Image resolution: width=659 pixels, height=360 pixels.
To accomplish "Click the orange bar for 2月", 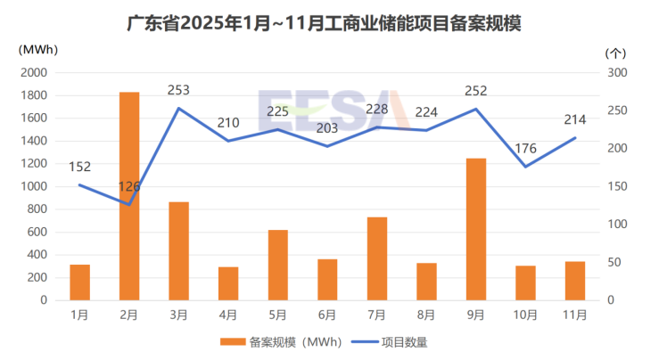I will coord(129,196).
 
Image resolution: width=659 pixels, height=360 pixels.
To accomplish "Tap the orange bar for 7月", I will coord(376,258).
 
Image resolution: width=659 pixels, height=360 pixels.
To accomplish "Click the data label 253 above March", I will coord(179,90).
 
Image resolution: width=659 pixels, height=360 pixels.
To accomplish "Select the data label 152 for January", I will coord(80,167).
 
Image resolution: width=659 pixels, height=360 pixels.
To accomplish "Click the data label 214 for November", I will coord(575,119).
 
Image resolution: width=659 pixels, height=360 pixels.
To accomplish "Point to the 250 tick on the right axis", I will coord(616,110).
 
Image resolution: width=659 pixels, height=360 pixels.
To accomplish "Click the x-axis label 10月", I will coord(525,315).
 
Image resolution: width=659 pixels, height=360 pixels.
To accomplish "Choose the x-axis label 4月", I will coord(228,315).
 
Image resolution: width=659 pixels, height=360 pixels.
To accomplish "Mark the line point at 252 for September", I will coord(475,109).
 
